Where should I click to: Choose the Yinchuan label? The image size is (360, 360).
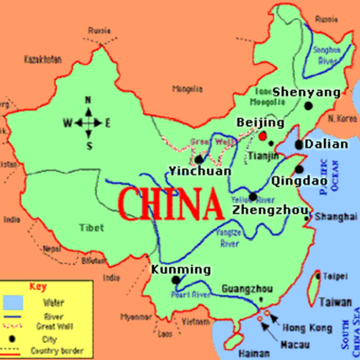[200, 171]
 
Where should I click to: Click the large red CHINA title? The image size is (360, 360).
[170, 203]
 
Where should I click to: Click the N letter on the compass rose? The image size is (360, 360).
[88, 100]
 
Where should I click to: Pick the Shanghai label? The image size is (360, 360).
[334, 216]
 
